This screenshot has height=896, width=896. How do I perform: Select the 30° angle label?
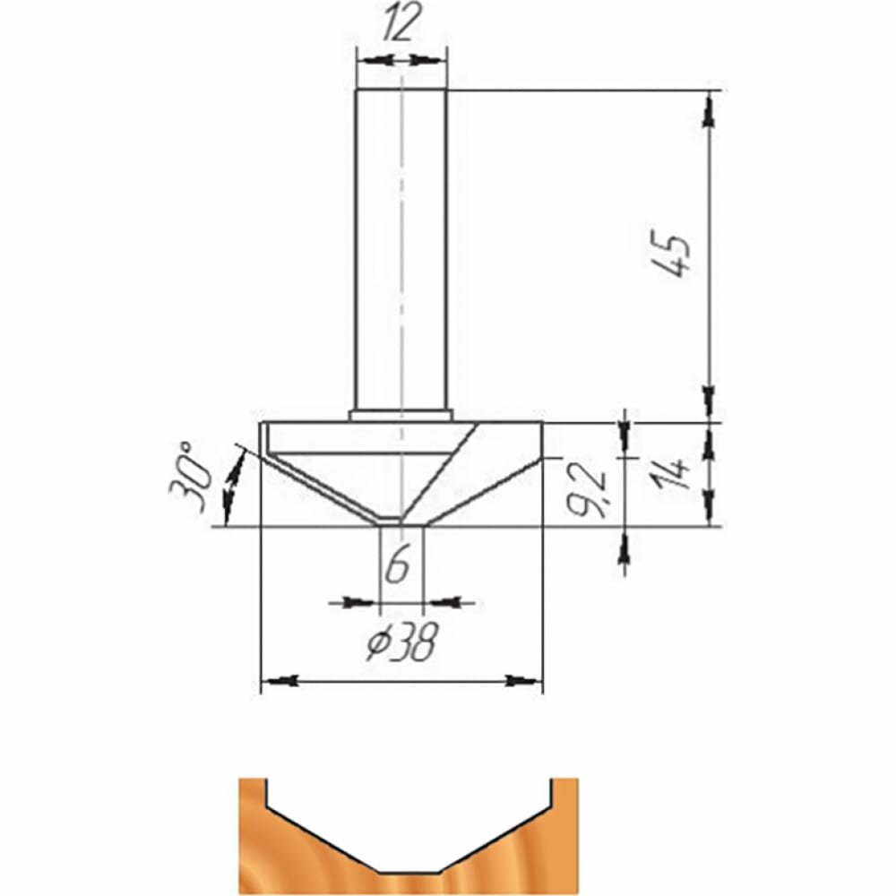pyautogui.click(x=188, y=477)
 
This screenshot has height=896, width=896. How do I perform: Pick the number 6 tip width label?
pyautogui.click(x=397, y=564)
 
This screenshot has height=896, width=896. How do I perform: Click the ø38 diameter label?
pyautogui.click(x=402, y=642)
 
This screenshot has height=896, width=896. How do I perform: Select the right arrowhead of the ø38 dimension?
pyautogui.click(x=522, y=681)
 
